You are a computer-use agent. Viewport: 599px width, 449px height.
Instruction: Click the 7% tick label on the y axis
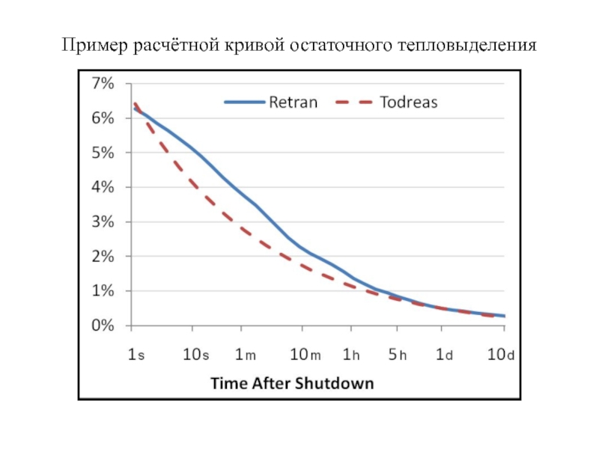pos(103,84)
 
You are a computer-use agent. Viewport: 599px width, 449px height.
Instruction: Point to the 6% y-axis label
pos(103,118)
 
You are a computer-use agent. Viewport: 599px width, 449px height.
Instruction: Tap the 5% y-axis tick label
pos(103,153)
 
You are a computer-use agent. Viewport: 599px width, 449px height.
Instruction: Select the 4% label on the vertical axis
pos(103,187)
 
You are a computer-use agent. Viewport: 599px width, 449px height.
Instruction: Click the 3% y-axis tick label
pos(103,222)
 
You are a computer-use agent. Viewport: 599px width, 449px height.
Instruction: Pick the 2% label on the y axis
pos(103,256)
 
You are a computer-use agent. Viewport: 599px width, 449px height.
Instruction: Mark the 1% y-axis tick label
pos(103,290)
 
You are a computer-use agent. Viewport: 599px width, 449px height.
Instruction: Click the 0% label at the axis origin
pos(103,326)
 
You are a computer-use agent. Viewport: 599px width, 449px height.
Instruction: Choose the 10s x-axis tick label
pos(196,355)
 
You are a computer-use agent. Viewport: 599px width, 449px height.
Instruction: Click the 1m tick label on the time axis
pos(244,355)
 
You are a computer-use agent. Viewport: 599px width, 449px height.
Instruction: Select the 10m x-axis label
pos(305,355)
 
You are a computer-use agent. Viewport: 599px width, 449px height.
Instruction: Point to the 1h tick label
pos(352,355)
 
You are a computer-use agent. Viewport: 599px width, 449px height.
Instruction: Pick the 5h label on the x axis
pos(398,355)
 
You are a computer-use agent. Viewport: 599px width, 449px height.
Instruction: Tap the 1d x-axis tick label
pos(444,355)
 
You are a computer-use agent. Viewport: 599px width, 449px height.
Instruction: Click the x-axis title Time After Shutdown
pos(292,383)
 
